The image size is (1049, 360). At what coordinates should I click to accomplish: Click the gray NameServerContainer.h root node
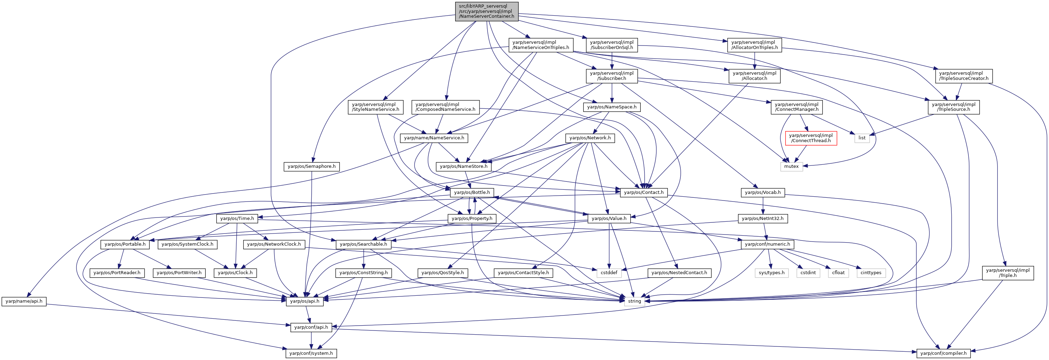click(487, 11)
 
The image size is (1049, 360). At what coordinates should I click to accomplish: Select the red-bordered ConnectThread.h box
click(811, 138)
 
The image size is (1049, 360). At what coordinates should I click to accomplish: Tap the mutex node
click(792, 166)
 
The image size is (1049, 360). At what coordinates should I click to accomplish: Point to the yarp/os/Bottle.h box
click(472, 192)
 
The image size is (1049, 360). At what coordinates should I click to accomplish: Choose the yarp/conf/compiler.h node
click(943, 353)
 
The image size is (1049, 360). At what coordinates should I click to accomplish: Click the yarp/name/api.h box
click(24, 301)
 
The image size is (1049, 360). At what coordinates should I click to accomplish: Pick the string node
click(634, 301)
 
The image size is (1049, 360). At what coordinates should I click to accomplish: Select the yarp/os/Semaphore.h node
click(312, 166)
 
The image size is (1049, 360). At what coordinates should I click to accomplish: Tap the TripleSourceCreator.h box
click(964, 76)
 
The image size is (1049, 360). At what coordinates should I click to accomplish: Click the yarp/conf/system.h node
click(311, 353)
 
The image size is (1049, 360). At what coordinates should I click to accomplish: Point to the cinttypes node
click(871, 273)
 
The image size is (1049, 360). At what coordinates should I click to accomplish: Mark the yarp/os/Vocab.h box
click(763, 192)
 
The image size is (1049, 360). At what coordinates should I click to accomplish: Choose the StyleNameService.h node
click(376, 107)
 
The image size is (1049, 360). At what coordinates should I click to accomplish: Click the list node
click(862, 138)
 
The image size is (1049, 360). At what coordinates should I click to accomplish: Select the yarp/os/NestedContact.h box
click(679, 273)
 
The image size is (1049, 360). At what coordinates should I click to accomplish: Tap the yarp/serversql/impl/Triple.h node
click(1008, 273)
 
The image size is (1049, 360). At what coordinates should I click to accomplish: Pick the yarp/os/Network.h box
click(590, 138)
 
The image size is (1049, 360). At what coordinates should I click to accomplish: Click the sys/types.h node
click(772, 273)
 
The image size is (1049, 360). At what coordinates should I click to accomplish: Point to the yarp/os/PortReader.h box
click(117, 273)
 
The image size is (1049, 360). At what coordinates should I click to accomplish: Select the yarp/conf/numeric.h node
click(767, 244)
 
